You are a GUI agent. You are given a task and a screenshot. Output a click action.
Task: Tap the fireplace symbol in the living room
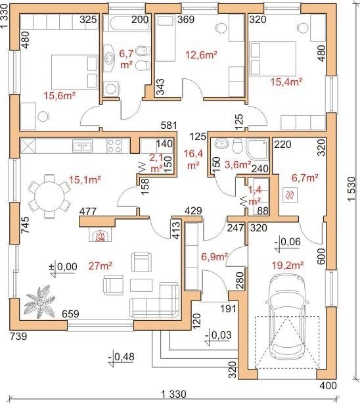tap(100, 235)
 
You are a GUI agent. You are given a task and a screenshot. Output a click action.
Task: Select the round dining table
tap(49, 197)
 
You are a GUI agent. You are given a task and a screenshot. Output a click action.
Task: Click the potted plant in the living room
tap(39, 303)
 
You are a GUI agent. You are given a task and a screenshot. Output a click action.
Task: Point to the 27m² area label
tap(100, 266)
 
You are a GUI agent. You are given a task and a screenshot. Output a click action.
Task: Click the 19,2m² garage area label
tap(288, 265)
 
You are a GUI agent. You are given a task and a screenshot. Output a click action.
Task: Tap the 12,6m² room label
tap(201, 55)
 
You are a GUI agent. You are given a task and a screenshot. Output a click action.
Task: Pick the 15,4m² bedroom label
tap(286, 82)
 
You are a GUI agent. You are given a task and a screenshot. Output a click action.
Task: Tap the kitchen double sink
tap(82, 146)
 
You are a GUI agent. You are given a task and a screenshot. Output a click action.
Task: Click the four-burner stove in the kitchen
tap(114, 146)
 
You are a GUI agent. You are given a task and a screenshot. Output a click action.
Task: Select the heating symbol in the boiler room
tap(290, 195)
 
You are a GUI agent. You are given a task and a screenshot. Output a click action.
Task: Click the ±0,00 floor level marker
tap(63, 268)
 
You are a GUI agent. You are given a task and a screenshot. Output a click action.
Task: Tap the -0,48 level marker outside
tap(121, 358)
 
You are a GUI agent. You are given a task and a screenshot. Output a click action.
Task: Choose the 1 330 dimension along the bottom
tap(173, 394)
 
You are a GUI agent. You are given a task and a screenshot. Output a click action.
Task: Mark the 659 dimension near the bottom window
tap(70, 314)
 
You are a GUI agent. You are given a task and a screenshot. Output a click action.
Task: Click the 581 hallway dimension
tap(169, 126)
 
